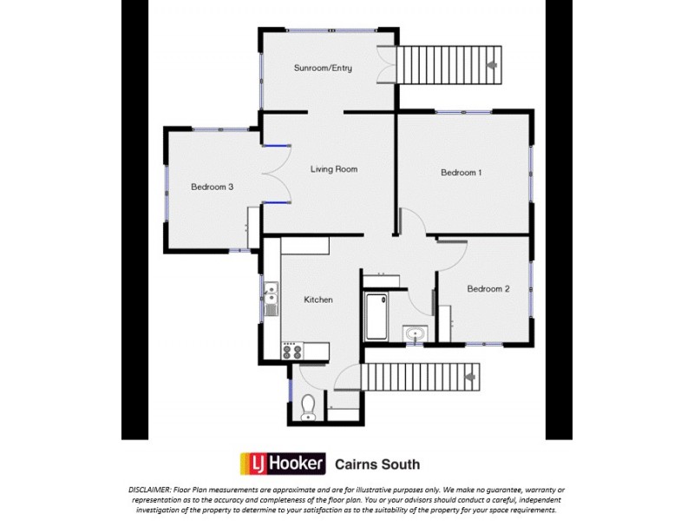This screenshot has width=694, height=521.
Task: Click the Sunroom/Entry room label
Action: (x=323, y=68)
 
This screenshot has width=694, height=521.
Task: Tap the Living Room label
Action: (x=334, y=169)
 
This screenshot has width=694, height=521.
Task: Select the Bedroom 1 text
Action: (x=461, y=173)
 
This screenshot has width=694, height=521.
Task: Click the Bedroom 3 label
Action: (x=213, y=187)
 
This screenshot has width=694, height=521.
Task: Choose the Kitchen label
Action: (x=318, y=300)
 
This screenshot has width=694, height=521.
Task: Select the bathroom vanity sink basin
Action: (x=414, y=333)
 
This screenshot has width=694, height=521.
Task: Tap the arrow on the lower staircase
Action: (x=470, y=378)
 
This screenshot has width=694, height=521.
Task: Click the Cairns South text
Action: (x=377, y=465)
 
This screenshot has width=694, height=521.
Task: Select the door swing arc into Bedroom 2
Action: (x=453, y=252)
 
